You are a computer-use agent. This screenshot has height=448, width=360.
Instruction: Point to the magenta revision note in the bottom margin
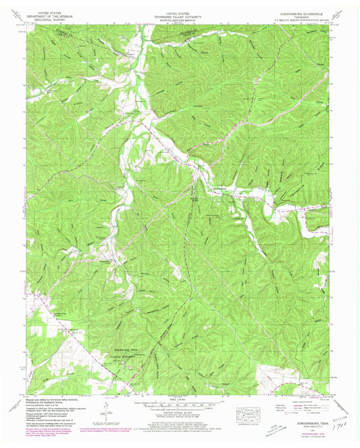[101, 430]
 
